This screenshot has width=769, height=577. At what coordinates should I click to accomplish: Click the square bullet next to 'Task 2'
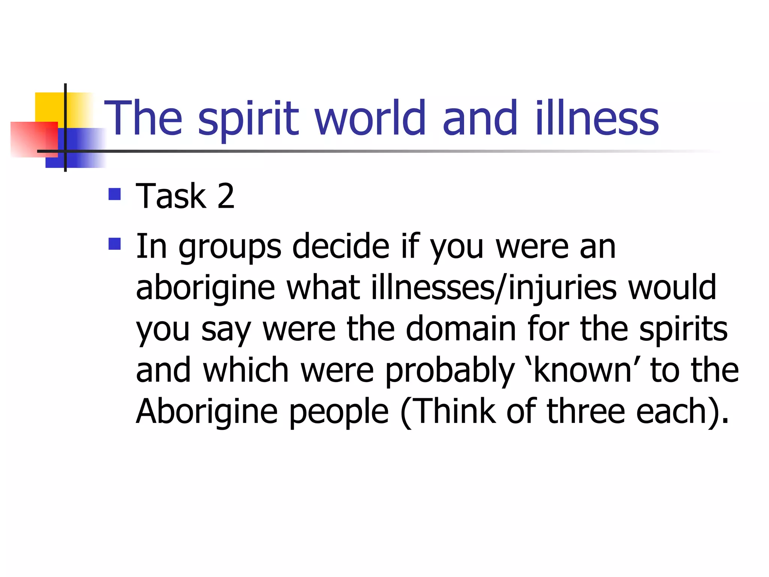point(115,194)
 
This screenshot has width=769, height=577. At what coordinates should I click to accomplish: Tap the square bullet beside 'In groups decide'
point(115,244)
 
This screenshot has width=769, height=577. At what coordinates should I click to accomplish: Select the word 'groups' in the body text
point(229,248)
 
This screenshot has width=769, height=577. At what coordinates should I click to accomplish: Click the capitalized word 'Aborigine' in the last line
point(207,412)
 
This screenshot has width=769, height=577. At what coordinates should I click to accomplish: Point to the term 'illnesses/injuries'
point(494,288)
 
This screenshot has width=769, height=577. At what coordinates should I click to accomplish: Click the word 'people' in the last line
point(339,413)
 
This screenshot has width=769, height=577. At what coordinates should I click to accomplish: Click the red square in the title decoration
point(34,139)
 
